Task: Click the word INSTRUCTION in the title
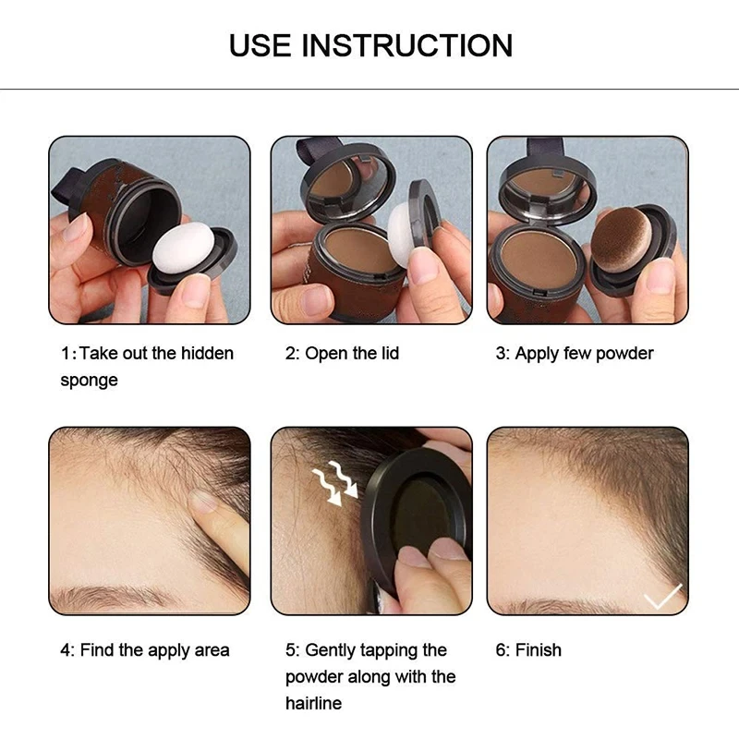coord(407,44)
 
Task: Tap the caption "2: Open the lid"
coord(342,354)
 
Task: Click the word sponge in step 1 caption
coord(89,381)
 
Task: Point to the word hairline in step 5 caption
coord(313,703)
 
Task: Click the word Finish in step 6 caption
coord(539,650)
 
